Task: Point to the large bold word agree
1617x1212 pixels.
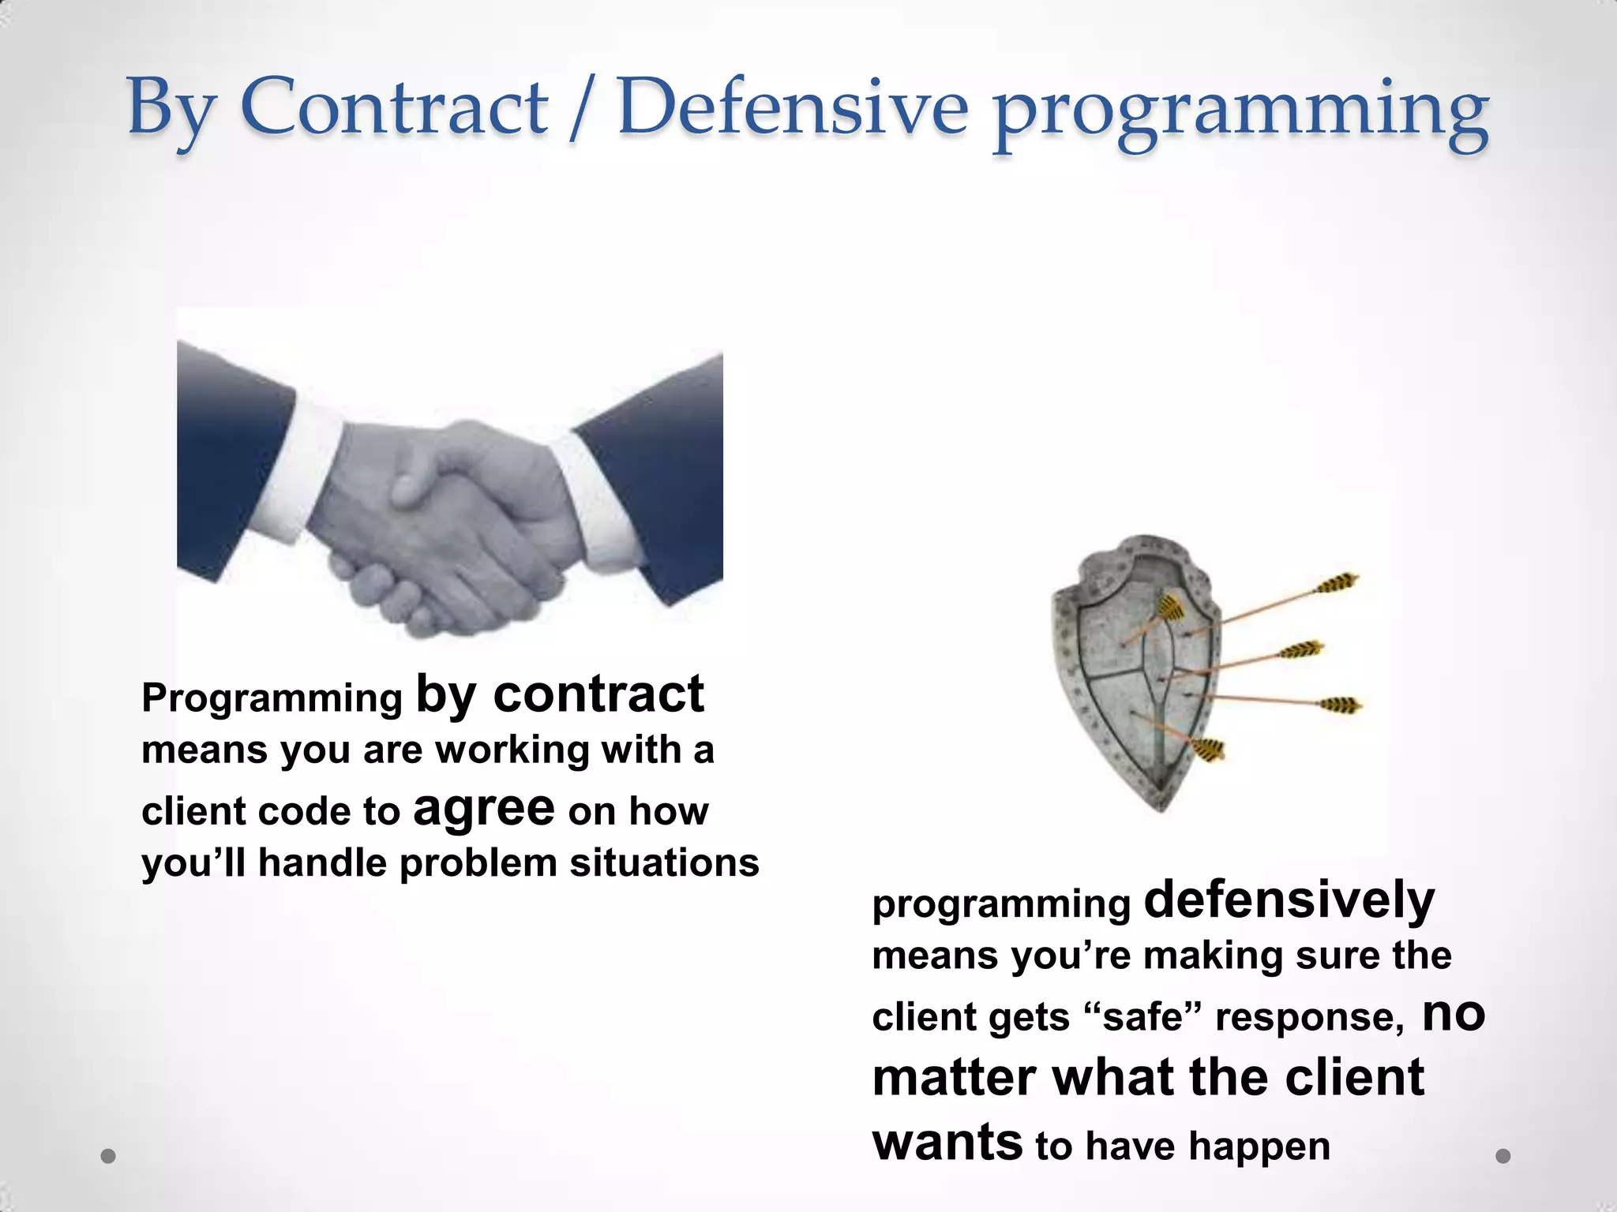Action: coord(483,808)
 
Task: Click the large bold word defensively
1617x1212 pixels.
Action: coord(1289,900)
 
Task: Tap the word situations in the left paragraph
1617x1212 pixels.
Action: coord(664,862)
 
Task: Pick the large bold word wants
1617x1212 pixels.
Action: coord(947,1142)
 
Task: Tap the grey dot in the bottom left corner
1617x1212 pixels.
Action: coord(108,1156)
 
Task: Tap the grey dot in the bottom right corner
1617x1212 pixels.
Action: coord(1503,1156)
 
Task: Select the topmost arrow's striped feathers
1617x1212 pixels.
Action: coord(1336,584)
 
